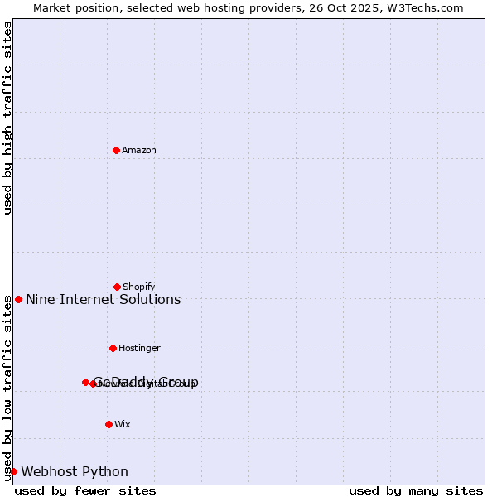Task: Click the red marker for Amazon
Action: click(x=117, y=150)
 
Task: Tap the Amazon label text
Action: click(x=139, y=151)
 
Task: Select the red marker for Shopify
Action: click(x=118, y=287)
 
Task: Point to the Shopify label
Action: click(x=139, y=287)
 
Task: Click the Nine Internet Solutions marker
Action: click(x=18, y=299)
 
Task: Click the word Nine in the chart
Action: click(x=40, y=300)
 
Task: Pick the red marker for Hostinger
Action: click(x=113, y=348)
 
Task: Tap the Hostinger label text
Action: click(x=139, y=349)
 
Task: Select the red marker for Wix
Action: click(x=109, y=424)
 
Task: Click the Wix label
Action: click(x=123, y=425)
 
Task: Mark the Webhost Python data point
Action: click(x=13, y=471)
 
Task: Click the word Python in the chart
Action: click(x=105, y=472)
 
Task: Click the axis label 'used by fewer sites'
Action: click(x=85, y=490)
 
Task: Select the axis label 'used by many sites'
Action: click(x=416, y=490)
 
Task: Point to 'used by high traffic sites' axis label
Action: click(x=7, y=118)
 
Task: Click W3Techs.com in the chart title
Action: click(x=427, y=8)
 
